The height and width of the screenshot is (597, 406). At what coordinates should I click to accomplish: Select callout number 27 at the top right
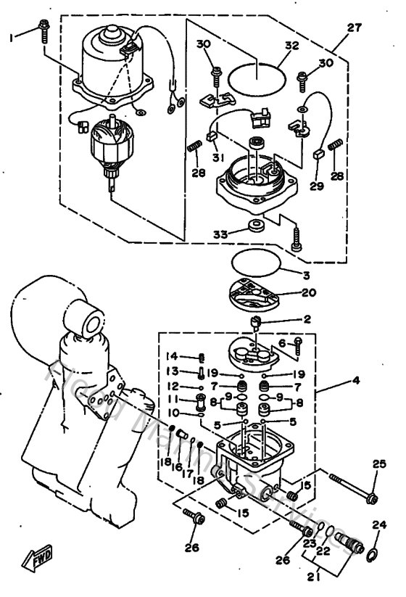coord(354,29)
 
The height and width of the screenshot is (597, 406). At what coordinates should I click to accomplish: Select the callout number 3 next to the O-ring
coord(307,275)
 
